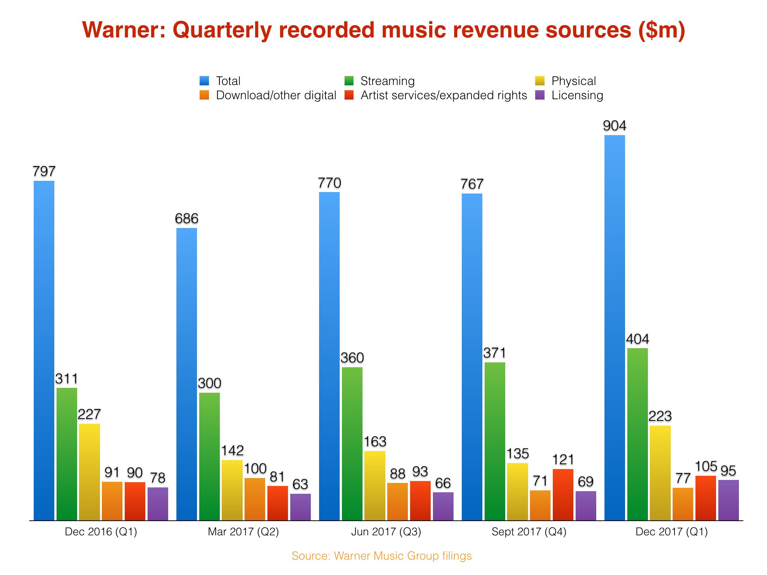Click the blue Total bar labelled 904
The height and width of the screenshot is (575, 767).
pyautogui.click(x=615, y=328)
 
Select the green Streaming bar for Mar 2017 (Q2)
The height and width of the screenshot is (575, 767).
pyautogui.click(x=209, y=456)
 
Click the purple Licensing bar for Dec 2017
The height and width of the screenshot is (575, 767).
pyautogui.click(x=728, y=500)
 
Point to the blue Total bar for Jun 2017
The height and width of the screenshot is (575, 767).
pyautogui.click(x=329, y=356)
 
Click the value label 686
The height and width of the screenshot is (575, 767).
pyautogui.click(x=187, y=219)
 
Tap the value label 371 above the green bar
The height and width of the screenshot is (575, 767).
pyautogui.click(x=494, y=353)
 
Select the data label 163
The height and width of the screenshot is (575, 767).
pyautogui.click(x=375, y=442)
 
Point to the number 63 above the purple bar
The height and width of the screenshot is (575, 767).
pyautogui.click(x=300, y=484)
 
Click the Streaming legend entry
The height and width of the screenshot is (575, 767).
pyautogui.click(x=387, y=81)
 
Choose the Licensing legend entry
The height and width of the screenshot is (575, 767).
pyautogui.click(x=577, y=95)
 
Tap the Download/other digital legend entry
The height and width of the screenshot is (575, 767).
pyautogui.click(x=276, y=95)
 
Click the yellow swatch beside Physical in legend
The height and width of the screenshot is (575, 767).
pyautogui.click(x=540, y=81)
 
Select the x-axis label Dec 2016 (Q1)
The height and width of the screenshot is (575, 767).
pyautogui.click(x=101, y=532)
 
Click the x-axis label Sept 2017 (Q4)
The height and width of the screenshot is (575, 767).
pyautogui.click(x=529, y=532)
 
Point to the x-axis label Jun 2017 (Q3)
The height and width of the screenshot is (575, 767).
pyautogui.click(x=386, y=532)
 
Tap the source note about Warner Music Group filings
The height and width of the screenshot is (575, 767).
pyautogui.click(x=382, y=556)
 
